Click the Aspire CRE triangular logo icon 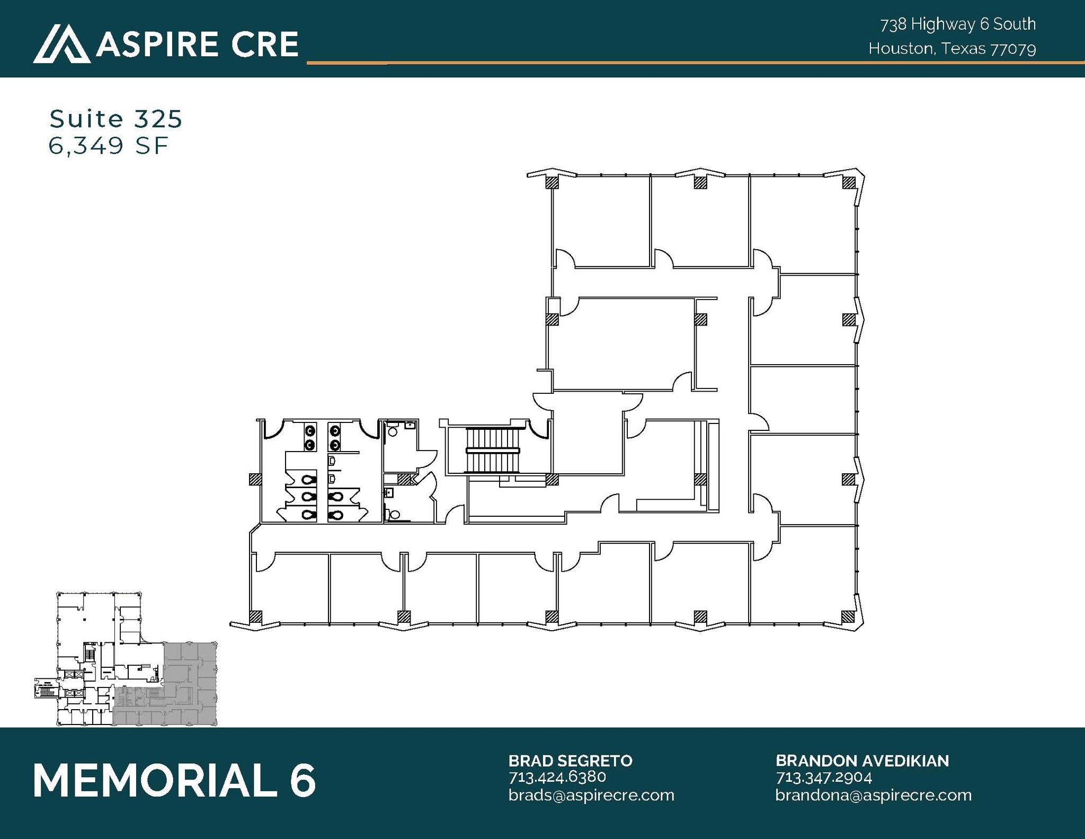click(61, 43)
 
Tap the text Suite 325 click(115, 119)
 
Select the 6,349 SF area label click(108, 146)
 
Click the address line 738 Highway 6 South click(958, 24)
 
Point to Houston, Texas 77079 click(952, 49)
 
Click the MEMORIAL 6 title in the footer click(174, 780)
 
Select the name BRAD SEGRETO click(570, 761)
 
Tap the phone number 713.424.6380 click(557, 777)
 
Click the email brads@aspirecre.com click(591, 795)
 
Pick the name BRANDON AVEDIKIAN click(862, 761)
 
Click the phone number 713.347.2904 click(823, 777)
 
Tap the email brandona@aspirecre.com click(873, 795)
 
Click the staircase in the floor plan click(493, 451)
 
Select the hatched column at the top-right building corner click(848, 182)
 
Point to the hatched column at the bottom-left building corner click(255, 616)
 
